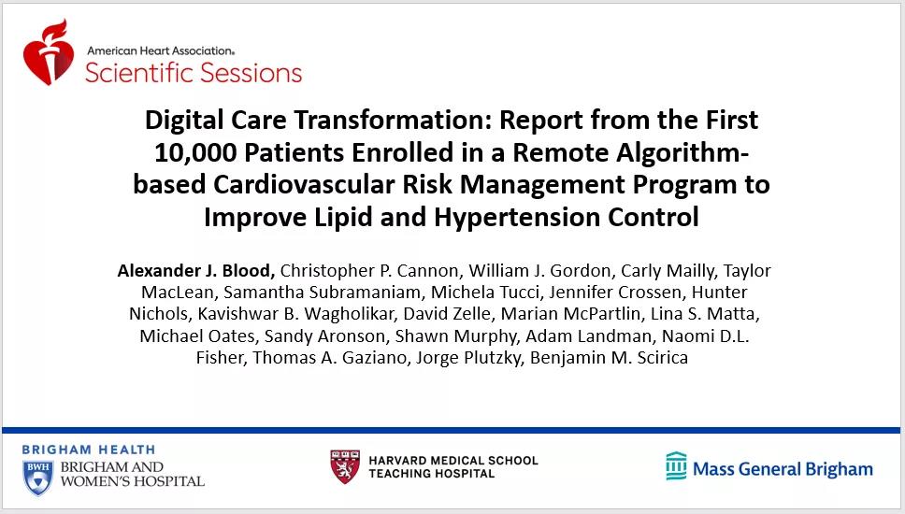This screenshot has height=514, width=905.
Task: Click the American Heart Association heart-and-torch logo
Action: pyautogui.click(x=49, y=52)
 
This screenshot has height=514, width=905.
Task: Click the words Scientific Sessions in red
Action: pyautogui.click(x=194, y=73)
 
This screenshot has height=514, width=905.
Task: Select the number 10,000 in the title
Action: pyautogui.click(x=195, y=153)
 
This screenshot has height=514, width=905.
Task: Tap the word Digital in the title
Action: pyautogui.click(x=183, y=120)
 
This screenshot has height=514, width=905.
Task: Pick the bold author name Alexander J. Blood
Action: pyautogui.click(x=196, y=271)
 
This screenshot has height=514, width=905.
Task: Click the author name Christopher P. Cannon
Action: pyautogui.click(x=369, y=271)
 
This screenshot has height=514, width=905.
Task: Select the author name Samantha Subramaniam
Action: pyautogui.click(x=322, y=293)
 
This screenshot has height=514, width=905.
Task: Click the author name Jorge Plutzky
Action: pyautogui.click(x=468, y=358)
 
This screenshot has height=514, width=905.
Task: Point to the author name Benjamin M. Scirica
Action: pyautogui.click(x=609, y=358)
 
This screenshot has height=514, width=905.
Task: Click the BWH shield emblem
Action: pyautogui.click(x=37, y=478)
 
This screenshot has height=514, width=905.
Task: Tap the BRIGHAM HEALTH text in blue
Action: pyautogui.click(x=89, y=450)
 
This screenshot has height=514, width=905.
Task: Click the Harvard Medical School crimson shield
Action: pyautogui.click(x=345, y=466)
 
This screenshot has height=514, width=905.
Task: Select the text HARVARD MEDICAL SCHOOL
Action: pyautogui.click(x=453, y=461)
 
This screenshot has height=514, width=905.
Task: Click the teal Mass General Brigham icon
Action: pyautogui.click(x=677, y=466)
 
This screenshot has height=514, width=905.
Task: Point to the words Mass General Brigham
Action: pyautogui.click(x=783, y=469)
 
